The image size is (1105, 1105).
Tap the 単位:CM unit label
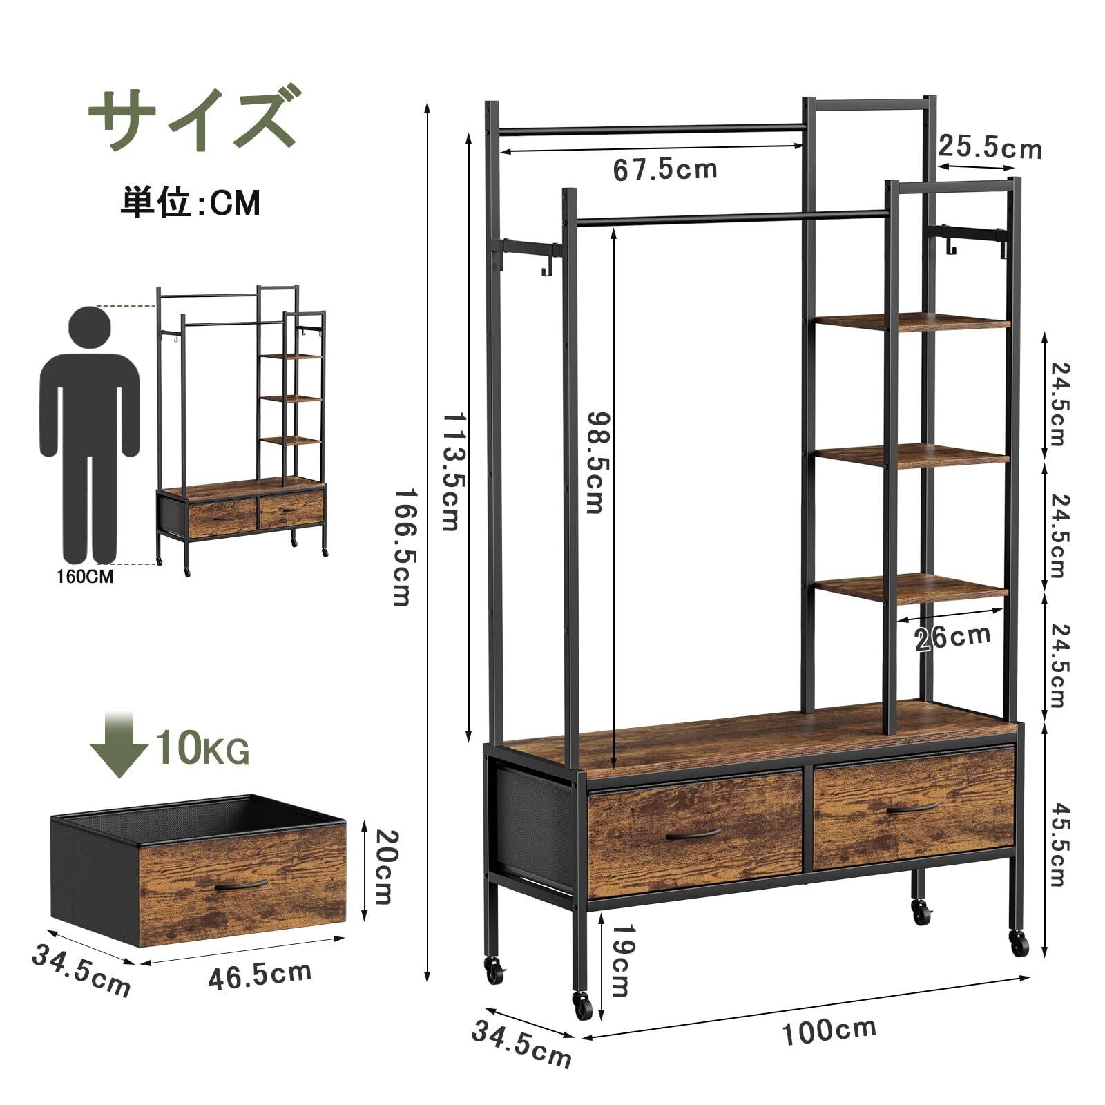coord(191,203)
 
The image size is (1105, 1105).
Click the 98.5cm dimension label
coord(595,463)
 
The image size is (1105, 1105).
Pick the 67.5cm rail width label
coord(665,169)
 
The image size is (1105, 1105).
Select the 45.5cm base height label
coord(1057,844)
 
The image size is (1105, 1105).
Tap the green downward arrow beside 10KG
coord(118,746)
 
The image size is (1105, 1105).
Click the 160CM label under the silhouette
coord(85,576)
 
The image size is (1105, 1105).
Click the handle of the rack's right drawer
coord(912,808)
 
